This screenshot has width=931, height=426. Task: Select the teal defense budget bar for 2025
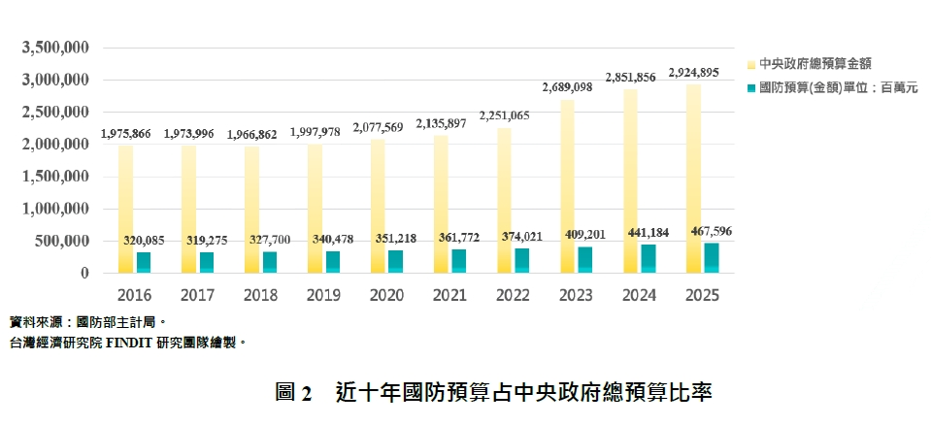[x=712, y=258]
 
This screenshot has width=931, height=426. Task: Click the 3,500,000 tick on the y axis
[x=55, y=47]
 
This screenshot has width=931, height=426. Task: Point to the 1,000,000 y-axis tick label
[x=55, y=209]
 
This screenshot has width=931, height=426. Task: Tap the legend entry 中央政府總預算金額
[x=815, y=63]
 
